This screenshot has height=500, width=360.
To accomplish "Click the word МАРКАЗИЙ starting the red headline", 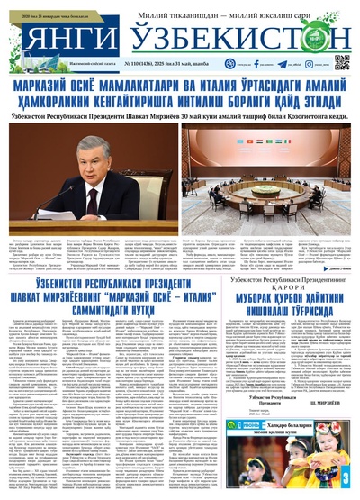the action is tap(52, 86).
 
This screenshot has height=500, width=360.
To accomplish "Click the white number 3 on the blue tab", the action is tap(346, 477).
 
